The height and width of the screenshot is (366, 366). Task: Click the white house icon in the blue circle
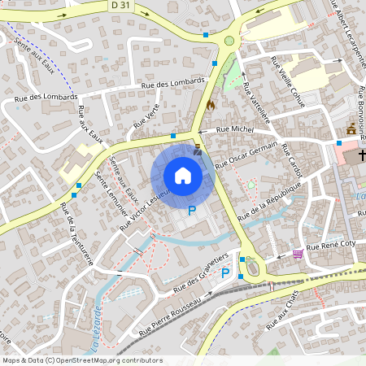[x=183, y=176]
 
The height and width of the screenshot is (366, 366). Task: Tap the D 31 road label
[x=120, y=6]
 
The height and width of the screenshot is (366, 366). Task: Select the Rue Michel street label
[x=236, y=129]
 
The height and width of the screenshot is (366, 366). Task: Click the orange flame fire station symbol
[x=211, y=105]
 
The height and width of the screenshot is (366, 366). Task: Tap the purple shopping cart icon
[x=298, y=254]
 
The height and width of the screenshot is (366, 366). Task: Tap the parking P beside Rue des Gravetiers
[x=225, y=274]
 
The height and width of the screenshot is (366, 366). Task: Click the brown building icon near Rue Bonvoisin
[x=351, y=129]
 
